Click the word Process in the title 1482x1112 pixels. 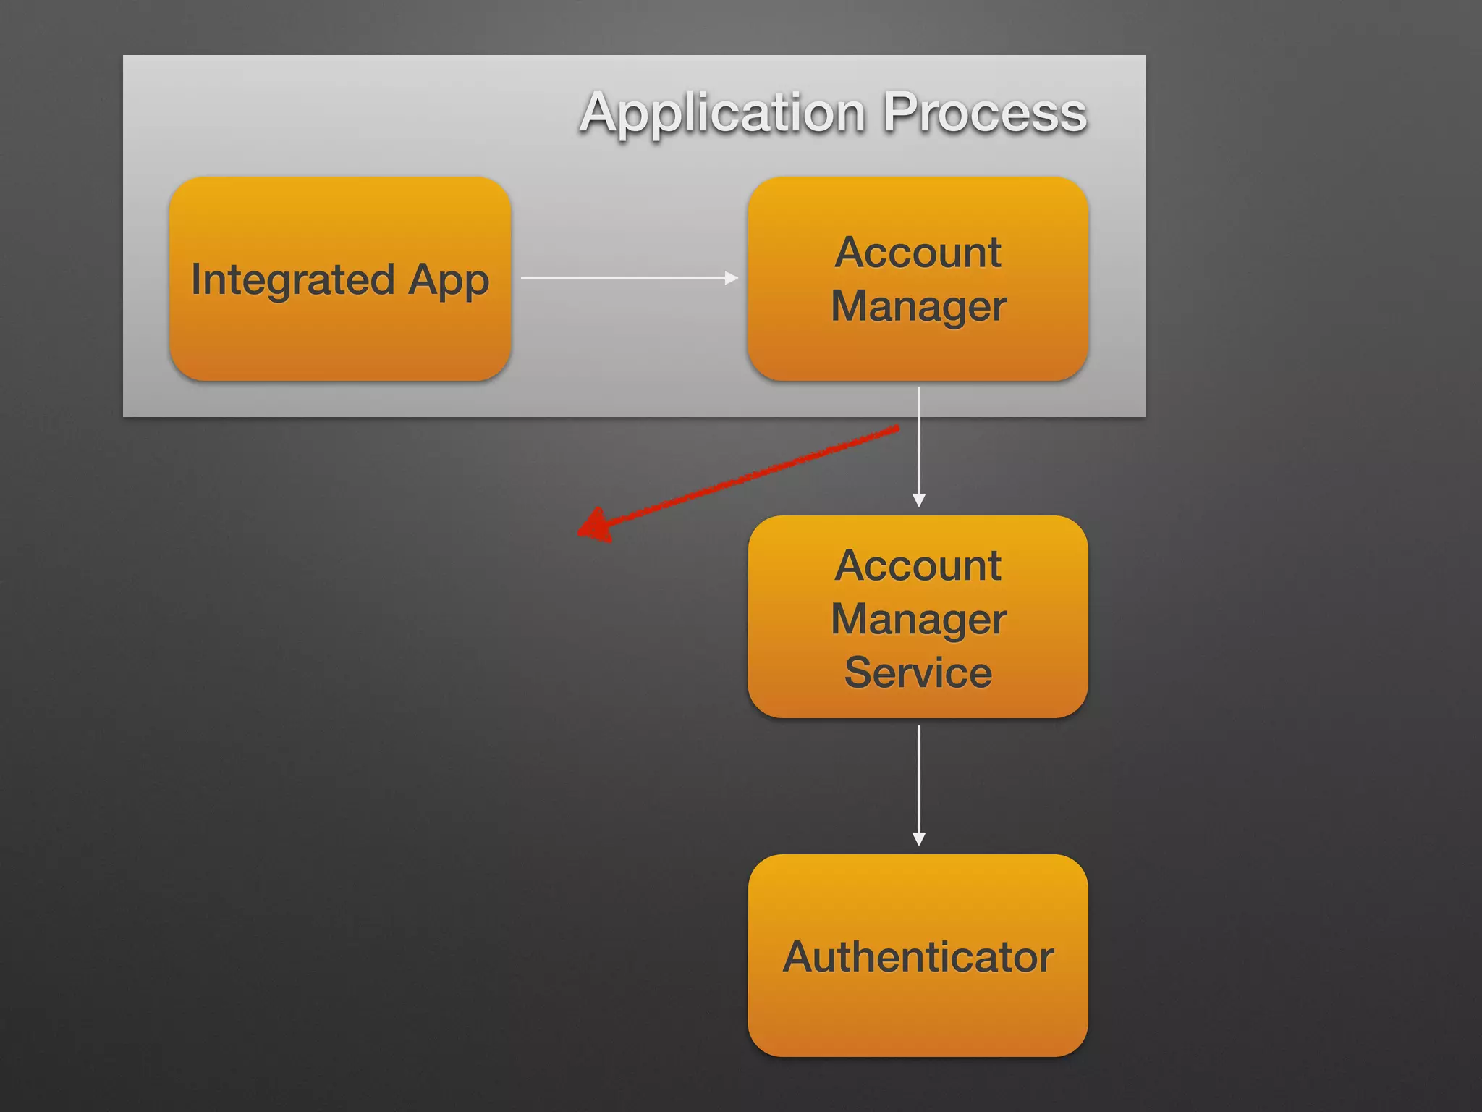coord(985,114)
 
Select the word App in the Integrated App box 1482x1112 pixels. coord(449,280)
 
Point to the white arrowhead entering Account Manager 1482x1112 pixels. coord(732,277)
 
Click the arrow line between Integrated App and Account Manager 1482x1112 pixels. coord(622,277)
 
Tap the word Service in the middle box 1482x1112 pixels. coord(918,673)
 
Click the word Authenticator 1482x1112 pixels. coord(918,957)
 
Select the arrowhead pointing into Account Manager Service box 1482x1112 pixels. coord(918,500)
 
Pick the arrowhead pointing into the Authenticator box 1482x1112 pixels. coord(918,839)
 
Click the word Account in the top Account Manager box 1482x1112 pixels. coord(918,253)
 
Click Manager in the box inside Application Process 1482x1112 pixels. coord(918,306)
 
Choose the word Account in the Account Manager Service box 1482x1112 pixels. coord(918,565)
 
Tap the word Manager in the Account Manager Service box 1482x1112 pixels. coord(918,620)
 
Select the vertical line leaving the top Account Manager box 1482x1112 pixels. coord(918,442)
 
